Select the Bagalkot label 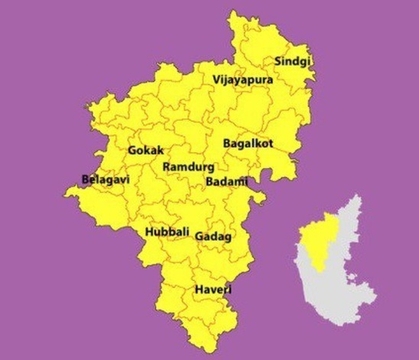click(x=248, y=143)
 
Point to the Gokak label click(x=146, y=151)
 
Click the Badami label click(x=226, y=181)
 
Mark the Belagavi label click(x=106, y=180)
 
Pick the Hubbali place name click(x=164, y=232)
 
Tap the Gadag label click(x=213, y=236)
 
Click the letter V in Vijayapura click(x=216, y=79)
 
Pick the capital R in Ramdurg click(x=168, y=167)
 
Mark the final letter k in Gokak click(x=161, y=151)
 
